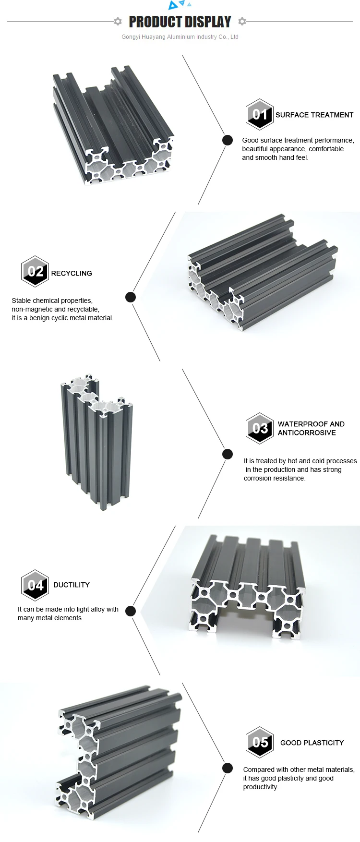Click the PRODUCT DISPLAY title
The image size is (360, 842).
[x=180, y=22]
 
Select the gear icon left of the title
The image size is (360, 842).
[x=118, y=21]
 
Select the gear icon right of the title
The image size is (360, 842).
[x=242, y=21]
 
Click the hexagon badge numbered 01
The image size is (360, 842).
[x=260, y=114]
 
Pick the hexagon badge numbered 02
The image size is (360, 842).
[x=35, y=271]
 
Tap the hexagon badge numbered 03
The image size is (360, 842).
[x=260, y=428]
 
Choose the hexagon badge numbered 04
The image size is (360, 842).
[x=35, y=585]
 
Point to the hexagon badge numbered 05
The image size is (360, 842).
[x=260, y=742]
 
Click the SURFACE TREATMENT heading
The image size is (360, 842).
[x=314, y=115]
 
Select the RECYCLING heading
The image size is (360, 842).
[x=72, y=273]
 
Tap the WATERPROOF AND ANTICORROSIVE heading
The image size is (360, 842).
[x=311, y=428]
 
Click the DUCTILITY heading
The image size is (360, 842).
[x=72, y=585]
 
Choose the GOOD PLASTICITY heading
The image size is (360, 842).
[x=312, y=743]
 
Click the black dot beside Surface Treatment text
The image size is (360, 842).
[x=228, y=140]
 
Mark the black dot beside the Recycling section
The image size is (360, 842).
[x=131, y=297]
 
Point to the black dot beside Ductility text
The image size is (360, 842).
[x=131, y=611]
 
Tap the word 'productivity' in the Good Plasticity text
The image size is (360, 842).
[x=260, y=787]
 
